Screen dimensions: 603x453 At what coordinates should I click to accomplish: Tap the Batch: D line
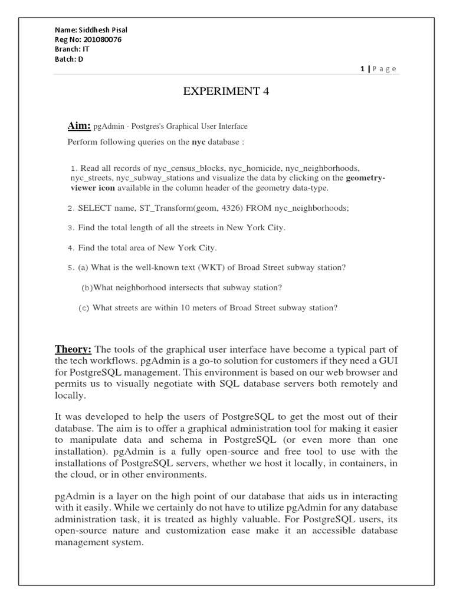tap(69, 59)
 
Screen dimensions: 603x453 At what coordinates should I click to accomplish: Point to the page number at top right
tap(378, 69)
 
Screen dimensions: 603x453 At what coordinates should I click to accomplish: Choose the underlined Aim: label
tap(79, 125)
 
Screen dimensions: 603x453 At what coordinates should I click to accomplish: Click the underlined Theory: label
tap(74, 350)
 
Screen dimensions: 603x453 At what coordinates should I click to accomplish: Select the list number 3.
tap(71, 227)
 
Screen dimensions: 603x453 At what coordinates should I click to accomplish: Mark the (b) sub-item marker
tap(87, 287)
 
